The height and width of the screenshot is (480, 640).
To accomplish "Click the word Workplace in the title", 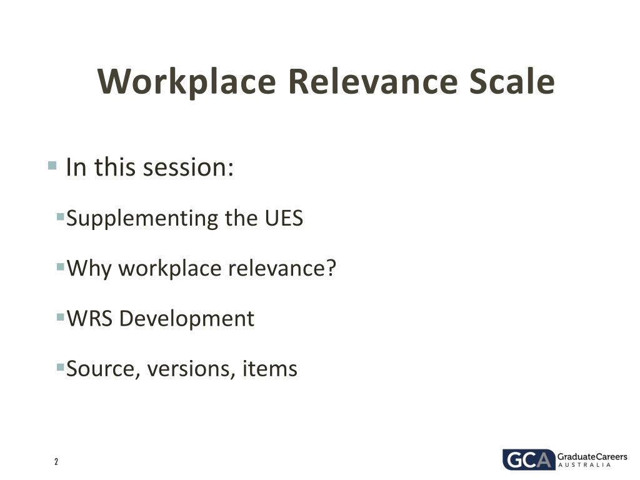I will [x=186, y=82].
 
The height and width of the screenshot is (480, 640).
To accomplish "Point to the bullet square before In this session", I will [x=52, y=166].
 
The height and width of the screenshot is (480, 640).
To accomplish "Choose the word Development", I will [x=187, y=319].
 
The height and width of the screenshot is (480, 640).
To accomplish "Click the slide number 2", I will [x=56, y=462].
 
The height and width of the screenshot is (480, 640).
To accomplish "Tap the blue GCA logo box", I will [x=528, y=460].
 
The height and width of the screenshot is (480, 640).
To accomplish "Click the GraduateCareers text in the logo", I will [x=592, y=457].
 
